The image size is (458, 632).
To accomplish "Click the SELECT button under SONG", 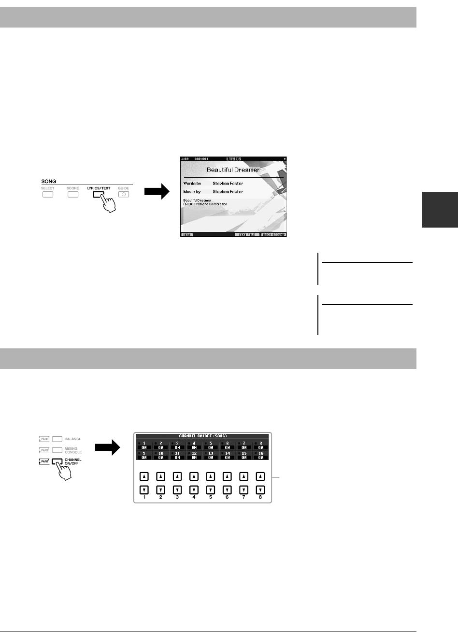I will click(x=47, y=195).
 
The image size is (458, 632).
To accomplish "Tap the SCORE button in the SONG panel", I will click(x=72, y=195).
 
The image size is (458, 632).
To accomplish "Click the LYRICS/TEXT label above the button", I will click(x=99, y=187).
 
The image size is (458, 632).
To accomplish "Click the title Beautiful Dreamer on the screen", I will click(x=233, y=170).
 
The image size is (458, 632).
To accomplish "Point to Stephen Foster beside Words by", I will click(x=228, y=184).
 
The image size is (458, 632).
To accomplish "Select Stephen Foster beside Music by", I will click(x=228, y=192).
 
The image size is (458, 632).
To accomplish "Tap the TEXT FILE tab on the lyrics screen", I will click(x=246, y=234).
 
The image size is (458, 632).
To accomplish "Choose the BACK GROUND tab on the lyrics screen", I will click(x=273, y=234).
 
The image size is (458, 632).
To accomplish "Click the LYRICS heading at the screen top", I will click(x=233, y=158).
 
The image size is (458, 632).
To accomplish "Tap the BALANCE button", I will click(x=57, y=439).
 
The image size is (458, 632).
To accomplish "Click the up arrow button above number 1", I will click(x=144, y=476).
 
